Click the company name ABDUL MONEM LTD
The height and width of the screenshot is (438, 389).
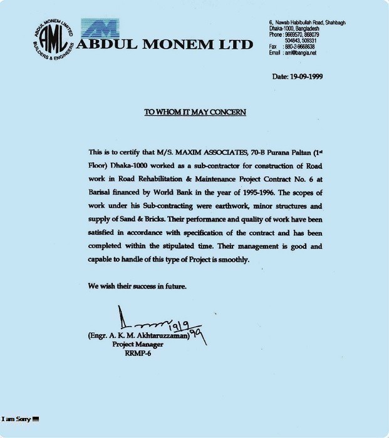(164, 44)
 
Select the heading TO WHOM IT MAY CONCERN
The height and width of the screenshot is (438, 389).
(195, 112)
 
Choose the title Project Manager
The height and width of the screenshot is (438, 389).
(138, 344)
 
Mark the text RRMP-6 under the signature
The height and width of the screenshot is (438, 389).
(138, 352)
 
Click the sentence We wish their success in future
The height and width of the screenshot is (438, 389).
(137, 286)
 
